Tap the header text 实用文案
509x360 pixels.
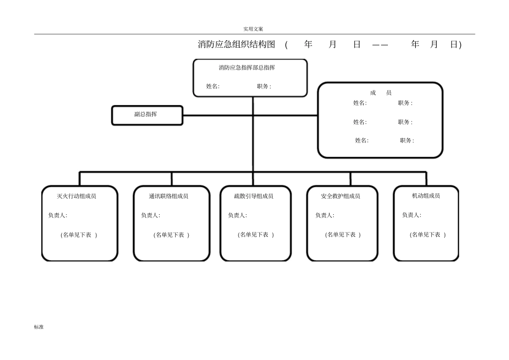[253, 29]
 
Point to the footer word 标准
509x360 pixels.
[39, 327]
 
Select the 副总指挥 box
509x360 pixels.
[146, 115]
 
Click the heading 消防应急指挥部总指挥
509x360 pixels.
[247, 67]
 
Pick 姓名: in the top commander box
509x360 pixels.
[213, 86]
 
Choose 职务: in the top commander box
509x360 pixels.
[264, 86]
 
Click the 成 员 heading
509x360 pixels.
[380, 93]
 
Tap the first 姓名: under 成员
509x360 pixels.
[360, 103]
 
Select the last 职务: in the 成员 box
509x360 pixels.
[407, 140]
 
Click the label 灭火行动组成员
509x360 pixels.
[77, 196]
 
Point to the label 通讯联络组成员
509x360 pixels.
[169, 196]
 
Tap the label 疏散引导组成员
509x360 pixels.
[253, 196]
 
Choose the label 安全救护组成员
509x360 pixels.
[341, 196]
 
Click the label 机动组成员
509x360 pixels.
[426, 196]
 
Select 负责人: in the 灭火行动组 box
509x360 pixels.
[58, 215]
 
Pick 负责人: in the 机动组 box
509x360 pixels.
[411, 215]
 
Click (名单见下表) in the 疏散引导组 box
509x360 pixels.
[256, 235]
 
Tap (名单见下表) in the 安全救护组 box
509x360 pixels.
[343, 235]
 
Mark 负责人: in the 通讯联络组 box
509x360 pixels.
[151, 215]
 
